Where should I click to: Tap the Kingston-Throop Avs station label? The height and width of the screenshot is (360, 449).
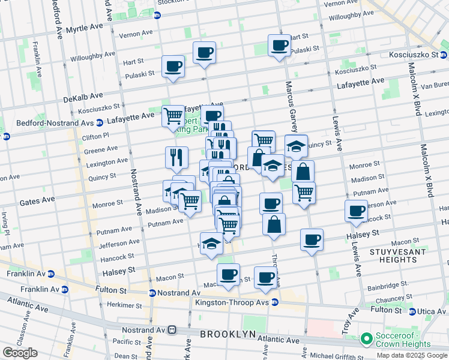pyautogui.click(x=232, y=302)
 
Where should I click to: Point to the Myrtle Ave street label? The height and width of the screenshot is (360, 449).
pyautogui.click(x=85, y=28)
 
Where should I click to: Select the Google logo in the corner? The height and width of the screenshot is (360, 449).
pyautogui.click(x=20, y=353)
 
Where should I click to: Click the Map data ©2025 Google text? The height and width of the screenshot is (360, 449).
pyautogui.click(x=411, y=355)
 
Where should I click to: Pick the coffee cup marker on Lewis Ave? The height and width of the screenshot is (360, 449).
pyautogui.click(x=356, y=211)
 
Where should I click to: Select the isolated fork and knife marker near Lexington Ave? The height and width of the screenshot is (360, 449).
pyautogui.click(x=176, y=157)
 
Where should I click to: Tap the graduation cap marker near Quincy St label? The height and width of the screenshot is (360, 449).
pyautogui.click(x=296, y=146)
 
